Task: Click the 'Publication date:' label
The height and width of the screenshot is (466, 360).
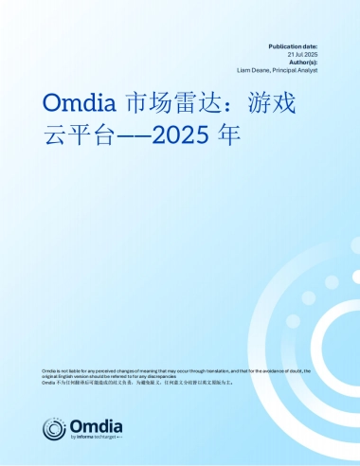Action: (x=293, y=45)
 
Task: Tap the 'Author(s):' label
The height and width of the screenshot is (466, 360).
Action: (x=302, y=62)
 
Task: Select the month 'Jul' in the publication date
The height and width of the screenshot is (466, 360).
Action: (x=301, y=53)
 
